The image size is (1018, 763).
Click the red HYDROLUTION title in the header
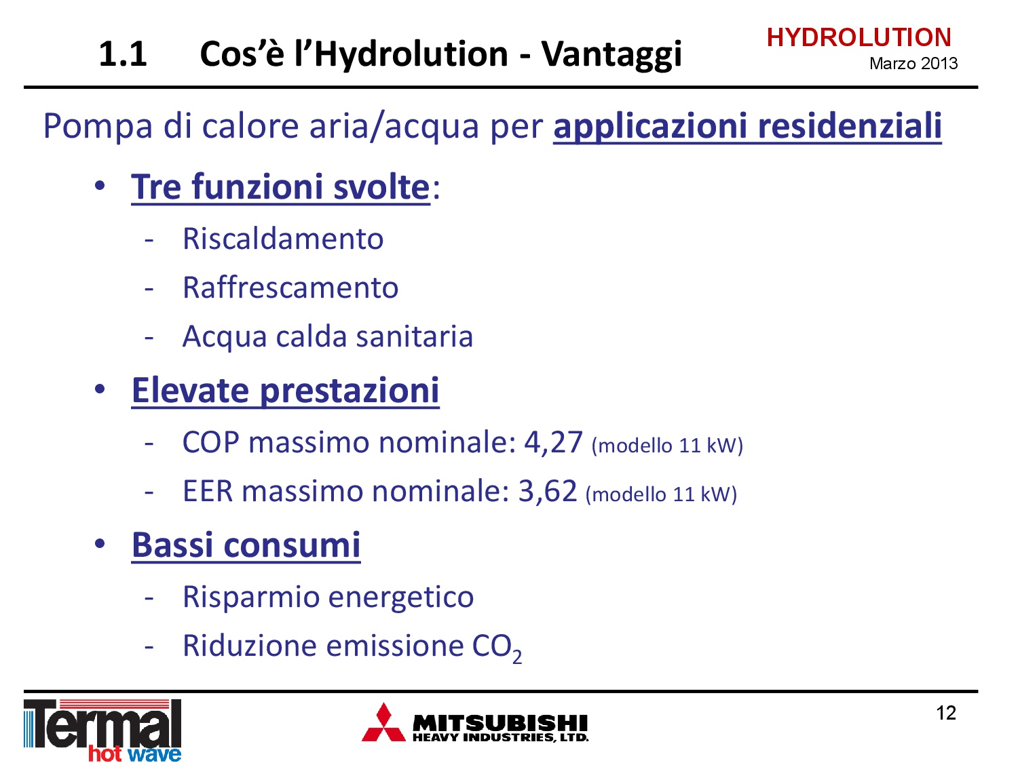859,37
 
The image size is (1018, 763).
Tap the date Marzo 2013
913,64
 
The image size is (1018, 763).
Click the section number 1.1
123,54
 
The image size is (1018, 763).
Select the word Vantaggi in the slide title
611,55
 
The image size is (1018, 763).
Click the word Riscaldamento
283,239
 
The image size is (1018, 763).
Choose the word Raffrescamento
290,288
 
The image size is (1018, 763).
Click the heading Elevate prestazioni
285,391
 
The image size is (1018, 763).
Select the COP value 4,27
553,442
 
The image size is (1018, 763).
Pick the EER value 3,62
547,491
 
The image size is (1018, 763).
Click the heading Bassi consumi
246,545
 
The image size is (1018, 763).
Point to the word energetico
401,598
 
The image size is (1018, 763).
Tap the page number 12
946,713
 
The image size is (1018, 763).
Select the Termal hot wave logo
102,730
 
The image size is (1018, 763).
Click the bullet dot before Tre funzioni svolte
100,187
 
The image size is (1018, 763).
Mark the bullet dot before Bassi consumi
100,543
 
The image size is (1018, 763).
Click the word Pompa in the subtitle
98,127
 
